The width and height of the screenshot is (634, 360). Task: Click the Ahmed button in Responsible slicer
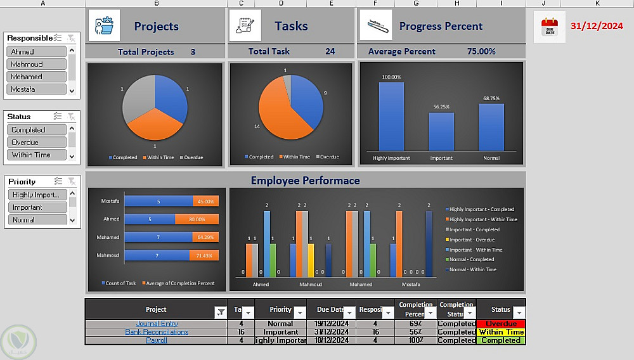coord(36,51)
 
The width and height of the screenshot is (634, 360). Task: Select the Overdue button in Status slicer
coord(36,142)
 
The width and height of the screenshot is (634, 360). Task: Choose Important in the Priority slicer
coord(36,207)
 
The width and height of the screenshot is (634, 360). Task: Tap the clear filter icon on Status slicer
coord(72,117)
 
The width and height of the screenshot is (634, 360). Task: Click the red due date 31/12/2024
coord(597,26)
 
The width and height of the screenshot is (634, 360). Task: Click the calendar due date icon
coord(549,27)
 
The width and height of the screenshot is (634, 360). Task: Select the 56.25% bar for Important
coord(441,131)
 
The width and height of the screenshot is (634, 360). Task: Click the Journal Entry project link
coord(156,324)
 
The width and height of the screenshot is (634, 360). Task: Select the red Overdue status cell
coord(501,324)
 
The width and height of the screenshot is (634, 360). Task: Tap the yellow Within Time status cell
coord(501,332)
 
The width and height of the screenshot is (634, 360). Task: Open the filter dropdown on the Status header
coord(519,312)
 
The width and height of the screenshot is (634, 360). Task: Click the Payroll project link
coord(156,340)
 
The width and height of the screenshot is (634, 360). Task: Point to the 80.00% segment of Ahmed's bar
coord(205,219)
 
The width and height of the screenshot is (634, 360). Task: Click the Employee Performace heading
coord(305,181)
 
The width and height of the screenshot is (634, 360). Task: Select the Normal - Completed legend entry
coord(472,259)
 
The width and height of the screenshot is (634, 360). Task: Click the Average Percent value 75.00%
coord(481,51)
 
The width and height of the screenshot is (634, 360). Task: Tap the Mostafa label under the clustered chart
coord(410,285)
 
